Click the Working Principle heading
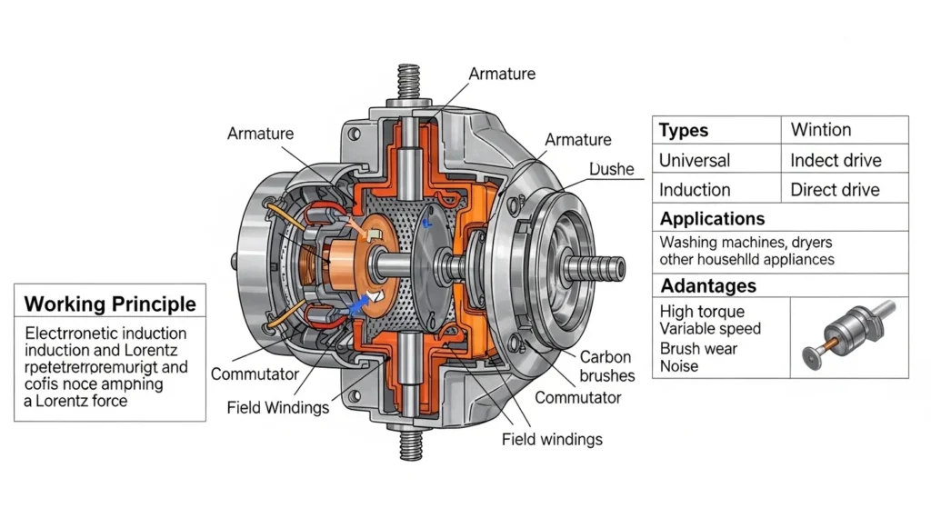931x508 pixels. (x=109, y=304)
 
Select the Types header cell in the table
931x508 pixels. (x=684, y=130)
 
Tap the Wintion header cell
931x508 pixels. (x=821, y=130)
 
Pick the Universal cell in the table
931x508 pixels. (x=695, y=160)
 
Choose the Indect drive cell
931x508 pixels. (x=836, y=160)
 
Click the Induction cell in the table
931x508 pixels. (x=695, y=190)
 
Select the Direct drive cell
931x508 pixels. (x=835, y=190)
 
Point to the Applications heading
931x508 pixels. (x=712, y=219)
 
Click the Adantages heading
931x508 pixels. (x=708, y=285)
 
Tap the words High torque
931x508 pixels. (x=702, y=312)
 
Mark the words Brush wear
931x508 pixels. (x=698, y=348)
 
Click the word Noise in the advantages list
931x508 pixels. (x=679, y=366)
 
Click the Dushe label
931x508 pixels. (x=611, y=170)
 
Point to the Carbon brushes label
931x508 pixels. (x=606, y=366)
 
